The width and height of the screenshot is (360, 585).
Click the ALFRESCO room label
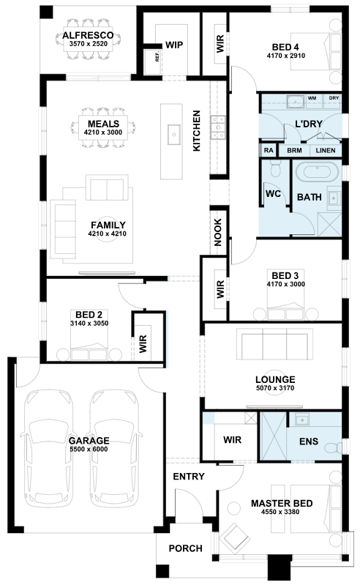point(88,35)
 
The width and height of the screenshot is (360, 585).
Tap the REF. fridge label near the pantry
point(157,56)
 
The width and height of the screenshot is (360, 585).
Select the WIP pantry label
point(174,45)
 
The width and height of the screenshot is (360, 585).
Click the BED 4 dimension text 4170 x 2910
point(286,56)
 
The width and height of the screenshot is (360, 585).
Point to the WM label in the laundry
point(312,98)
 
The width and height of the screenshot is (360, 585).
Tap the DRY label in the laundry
point(334,98)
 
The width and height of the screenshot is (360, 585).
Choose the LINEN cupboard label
point(326,150)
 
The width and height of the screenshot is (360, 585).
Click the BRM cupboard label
point(294,150)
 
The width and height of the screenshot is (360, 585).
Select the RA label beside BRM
point(269,150)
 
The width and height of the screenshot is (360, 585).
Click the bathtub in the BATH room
point(317,172)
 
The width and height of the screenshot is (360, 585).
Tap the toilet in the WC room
point(276,168)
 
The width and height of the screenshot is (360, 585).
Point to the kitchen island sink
point(173,134)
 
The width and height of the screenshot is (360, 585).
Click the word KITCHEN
point(196,130)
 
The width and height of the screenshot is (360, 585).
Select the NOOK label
point(218,232)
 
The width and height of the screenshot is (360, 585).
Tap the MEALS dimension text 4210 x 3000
point(103,132)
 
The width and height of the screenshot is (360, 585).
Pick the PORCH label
point(185,548)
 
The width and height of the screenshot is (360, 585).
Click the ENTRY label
point(189,477)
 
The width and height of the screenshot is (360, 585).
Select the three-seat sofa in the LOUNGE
point(274,344)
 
